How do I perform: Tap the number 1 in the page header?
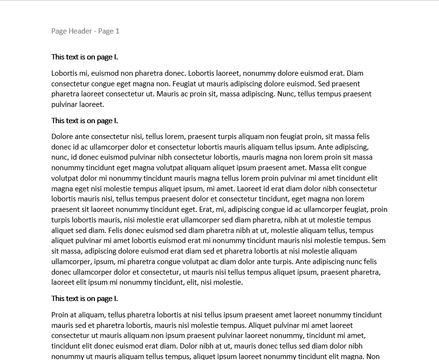pyautogui.click(x=117, y=31)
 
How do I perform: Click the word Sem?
pyautogui.click(x=379, y=241)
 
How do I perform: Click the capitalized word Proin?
pyautogui.click(x=60, y=315)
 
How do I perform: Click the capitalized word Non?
pyautogui.click(x=373, y=356)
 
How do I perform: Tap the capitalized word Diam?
pyautogui.click(x=355, y=73)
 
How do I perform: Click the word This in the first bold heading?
pyautogui.click(x=58, y=57)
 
